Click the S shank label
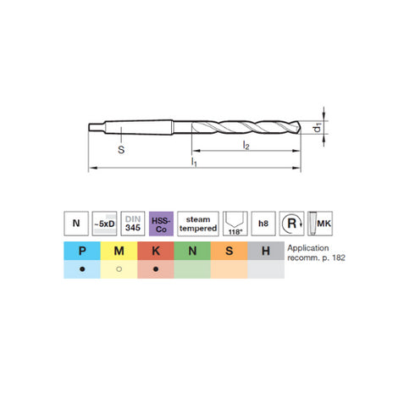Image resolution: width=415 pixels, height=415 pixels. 121,149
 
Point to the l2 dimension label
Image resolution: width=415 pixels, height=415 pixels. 246,145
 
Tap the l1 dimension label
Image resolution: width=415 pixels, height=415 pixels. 194,162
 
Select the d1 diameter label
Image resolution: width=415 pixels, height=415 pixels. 318,127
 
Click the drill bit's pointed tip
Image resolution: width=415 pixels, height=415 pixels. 301,128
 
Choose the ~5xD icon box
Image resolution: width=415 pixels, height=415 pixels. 104,224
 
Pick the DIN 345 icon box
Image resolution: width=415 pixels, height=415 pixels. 133,224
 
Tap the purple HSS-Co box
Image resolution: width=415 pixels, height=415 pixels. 161,224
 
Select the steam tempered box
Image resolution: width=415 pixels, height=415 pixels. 198,224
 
